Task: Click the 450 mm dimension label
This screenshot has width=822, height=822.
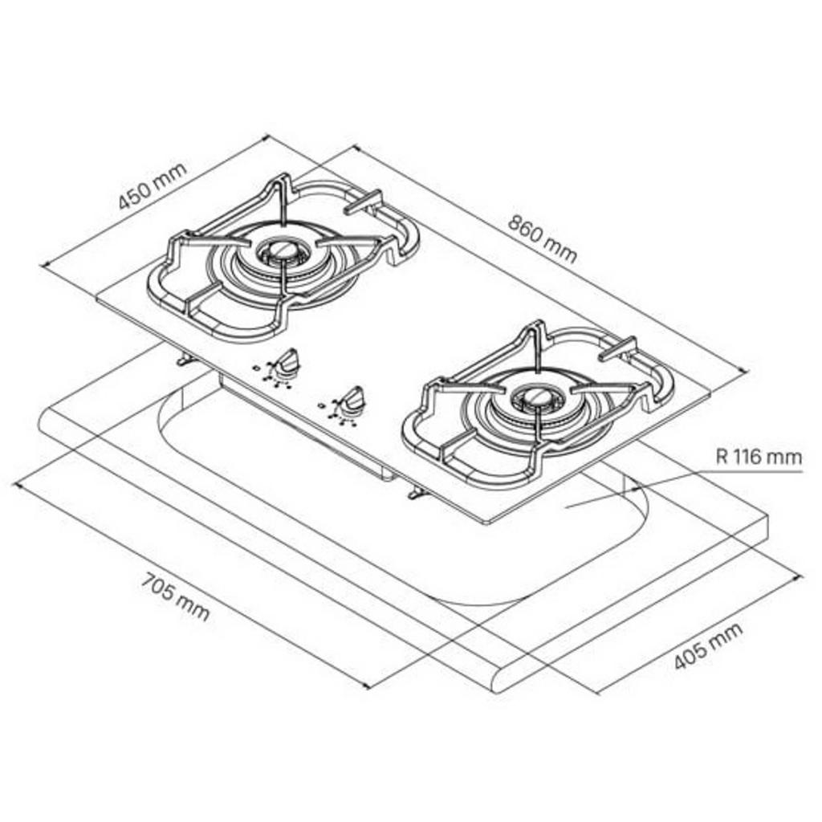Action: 153,185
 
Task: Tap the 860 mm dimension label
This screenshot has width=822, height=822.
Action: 542,238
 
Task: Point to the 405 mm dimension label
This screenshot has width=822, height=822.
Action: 707,646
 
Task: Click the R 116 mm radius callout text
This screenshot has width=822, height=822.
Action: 759,458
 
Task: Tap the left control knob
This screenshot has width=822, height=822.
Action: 286,363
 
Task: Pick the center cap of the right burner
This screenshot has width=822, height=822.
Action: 531,397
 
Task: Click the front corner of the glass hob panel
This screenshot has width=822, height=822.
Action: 485,523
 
